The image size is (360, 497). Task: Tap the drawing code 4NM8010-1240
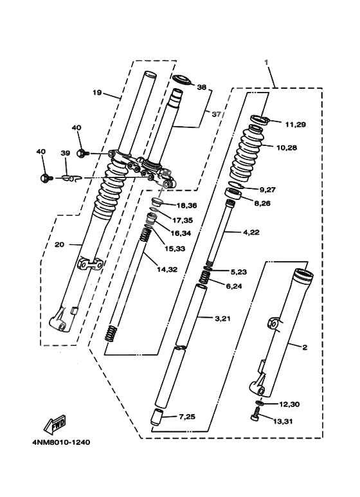pyautogui.click(x=60, y=442)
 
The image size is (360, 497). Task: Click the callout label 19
pyautogui.click(x=97, y=93)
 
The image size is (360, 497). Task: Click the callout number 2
pyautogui.click(x=304, y=348)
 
